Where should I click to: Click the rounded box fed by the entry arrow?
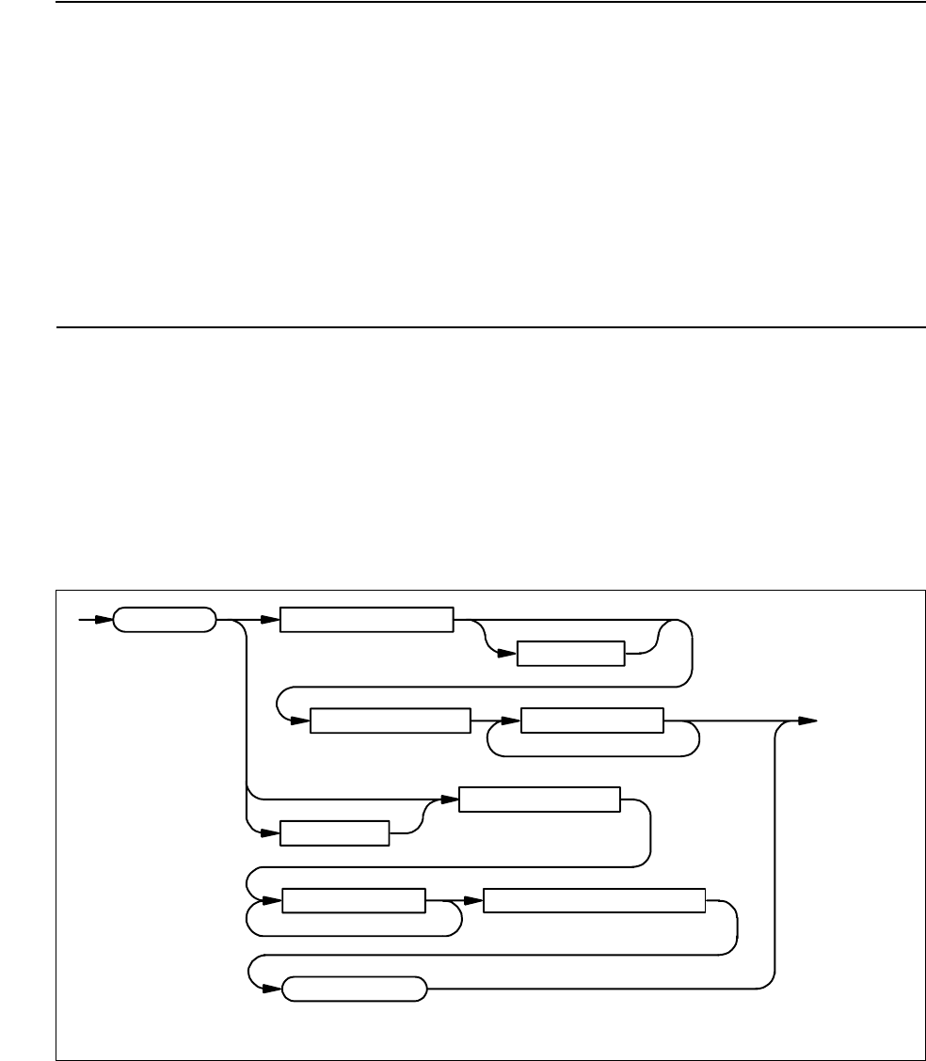(x=164, y=620)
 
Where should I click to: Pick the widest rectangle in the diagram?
(x=594, y=900)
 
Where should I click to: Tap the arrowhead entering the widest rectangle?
(x=476, y=900)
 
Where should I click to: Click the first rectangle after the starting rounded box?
(x=368, y=620)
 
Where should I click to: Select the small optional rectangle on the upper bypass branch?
(x=571, y=654)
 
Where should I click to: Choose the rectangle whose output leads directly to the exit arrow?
(x=592, y=721)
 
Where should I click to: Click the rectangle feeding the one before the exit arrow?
(x=390, y=721)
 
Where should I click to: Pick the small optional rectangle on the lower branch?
(x=335, y=833)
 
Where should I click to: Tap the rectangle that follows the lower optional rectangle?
(x=539, y=800)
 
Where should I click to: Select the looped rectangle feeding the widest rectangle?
(x=354, y=900)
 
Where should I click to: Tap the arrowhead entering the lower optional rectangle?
(x=276, y=833)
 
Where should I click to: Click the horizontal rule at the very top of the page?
(x=489, y=2)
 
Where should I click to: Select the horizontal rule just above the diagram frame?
(x=489, y=328)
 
